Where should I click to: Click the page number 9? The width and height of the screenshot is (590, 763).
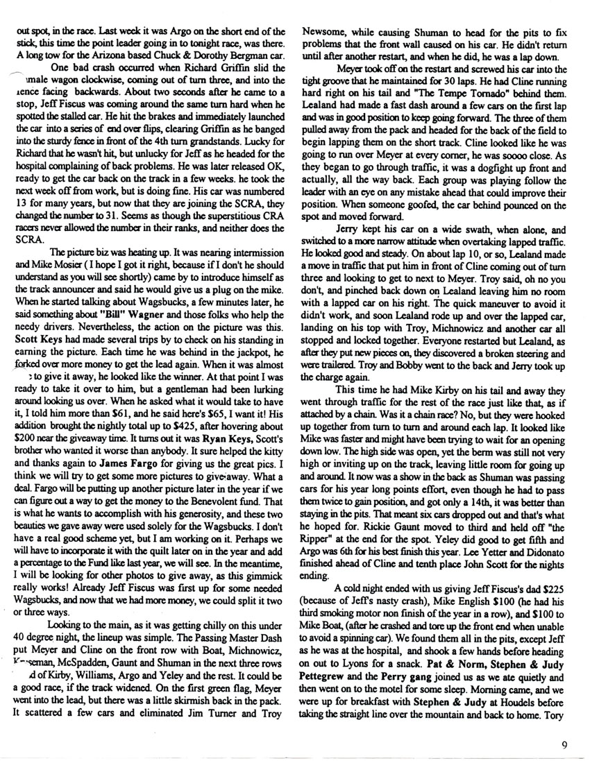pyautogui.click(x=567, y=745)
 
